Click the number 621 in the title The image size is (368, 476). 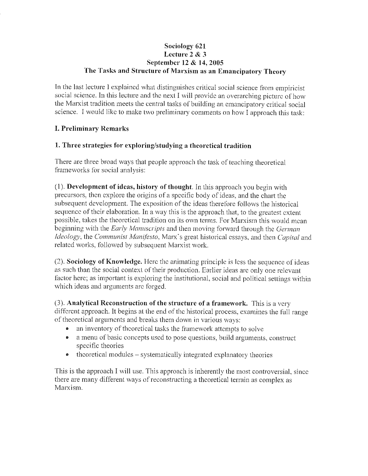point(200,46)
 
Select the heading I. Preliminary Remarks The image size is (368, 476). point(92,128)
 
